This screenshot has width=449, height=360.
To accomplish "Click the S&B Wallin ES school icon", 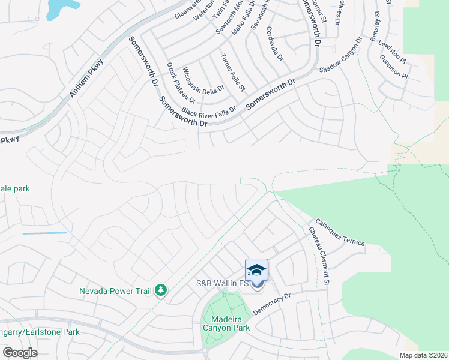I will [256, 270].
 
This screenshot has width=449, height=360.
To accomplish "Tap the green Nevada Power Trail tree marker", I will [160, 291].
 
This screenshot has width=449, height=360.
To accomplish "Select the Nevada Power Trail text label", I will [116, 292].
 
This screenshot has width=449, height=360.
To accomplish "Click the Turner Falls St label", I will [233, 72].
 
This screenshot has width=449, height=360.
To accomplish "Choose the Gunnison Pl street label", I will [394, 68].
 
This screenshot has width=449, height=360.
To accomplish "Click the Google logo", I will [20, 353].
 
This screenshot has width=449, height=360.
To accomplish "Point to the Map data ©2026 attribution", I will [423, 355].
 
